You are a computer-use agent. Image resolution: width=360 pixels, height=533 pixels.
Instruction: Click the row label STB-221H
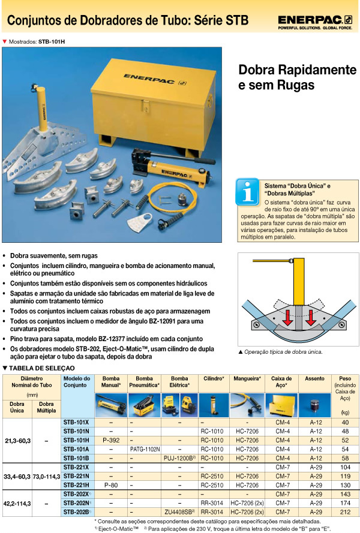pyautogui.click(x=76, y=485)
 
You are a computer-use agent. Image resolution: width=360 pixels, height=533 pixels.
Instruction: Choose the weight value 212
pyautogui.click(x=345, y=513)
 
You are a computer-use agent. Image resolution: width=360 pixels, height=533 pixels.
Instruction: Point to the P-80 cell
pyautogui.click(x=111, y=485)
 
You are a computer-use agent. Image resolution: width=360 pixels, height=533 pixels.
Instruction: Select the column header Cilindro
pyautogui.click(x=214, y=379)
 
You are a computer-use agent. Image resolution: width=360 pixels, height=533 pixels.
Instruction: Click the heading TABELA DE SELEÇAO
pyautogui.click(x=42, y=367)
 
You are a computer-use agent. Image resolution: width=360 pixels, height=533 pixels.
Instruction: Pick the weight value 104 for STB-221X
pyautogui.click(x=345, y=466)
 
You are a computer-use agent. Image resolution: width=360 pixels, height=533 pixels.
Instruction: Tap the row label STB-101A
pyautogui.click(x=76, y=448)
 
